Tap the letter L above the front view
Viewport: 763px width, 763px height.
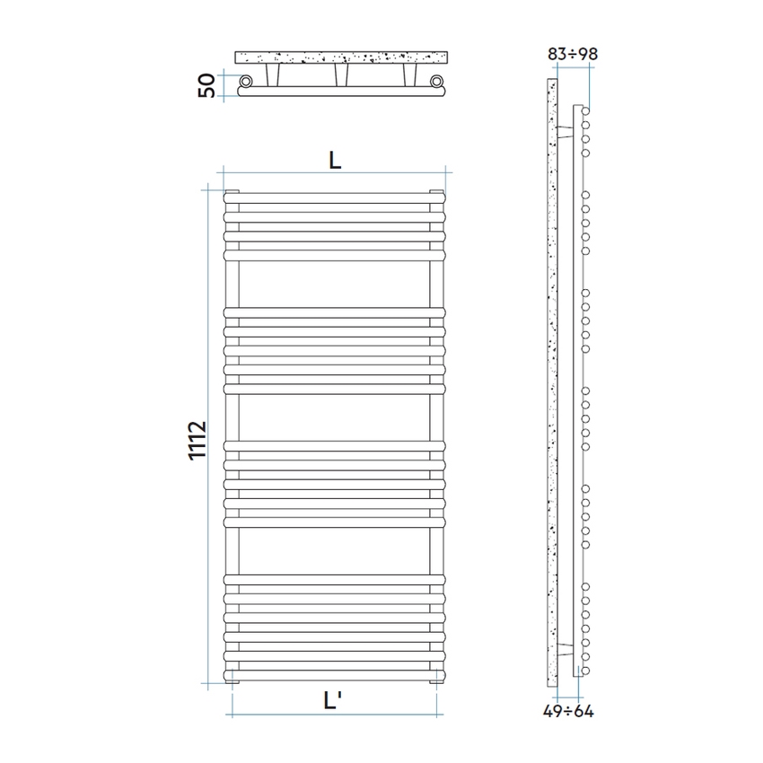pyautogui.click(x=334, y=160)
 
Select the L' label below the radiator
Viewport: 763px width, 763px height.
pyautogui.click(x=334, y=703)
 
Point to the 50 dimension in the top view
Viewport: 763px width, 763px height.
pyautogui.click(x=206, y=86)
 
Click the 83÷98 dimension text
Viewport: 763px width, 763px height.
pyautogui.click(x=572, y=54)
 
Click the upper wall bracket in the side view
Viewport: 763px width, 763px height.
pyautogui.click(x=565, y=131)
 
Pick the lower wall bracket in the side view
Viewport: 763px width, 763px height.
pyautogui.click(x=565, y=648)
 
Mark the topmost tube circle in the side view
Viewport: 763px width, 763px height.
pyautogui.click(x=585, y=111)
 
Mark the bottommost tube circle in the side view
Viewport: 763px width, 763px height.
pyautogui.click(x=585, y=670)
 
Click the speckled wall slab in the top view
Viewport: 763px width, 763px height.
pyautogui.click(x=341, y=57)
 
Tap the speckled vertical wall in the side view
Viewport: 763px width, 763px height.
pyautogui.click(x=552, y=386)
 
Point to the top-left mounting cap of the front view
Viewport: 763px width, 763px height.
pyautogui.click(x=232, y=191)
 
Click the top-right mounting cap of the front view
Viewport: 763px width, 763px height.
pyautogui.click(x=437, y=191)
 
